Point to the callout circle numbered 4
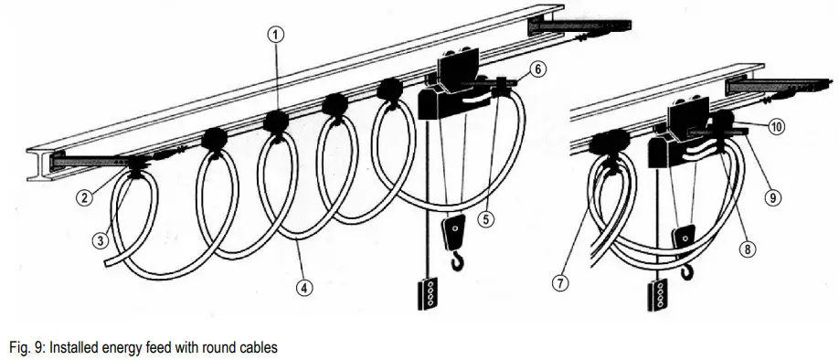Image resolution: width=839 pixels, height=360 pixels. (305, 286)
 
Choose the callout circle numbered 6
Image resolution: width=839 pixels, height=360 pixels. (538, 69)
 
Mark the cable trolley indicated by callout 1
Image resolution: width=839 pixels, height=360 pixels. (277, 122)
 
